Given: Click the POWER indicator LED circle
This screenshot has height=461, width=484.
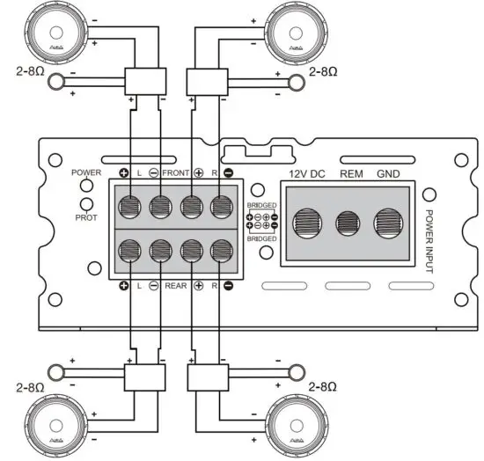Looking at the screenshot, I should (87, 186).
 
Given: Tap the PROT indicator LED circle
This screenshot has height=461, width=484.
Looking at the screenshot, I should (87, 204).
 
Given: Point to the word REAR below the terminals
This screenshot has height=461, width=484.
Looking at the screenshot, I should (177, 286).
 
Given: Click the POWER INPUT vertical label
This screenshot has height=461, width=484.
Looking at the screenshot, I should (430, 240).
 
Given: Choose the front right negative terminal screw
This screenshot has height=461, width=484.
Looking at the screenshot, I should (220, 208).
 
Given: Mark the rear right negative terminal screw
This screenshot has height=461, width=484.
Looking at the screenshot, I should (220, 250).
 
